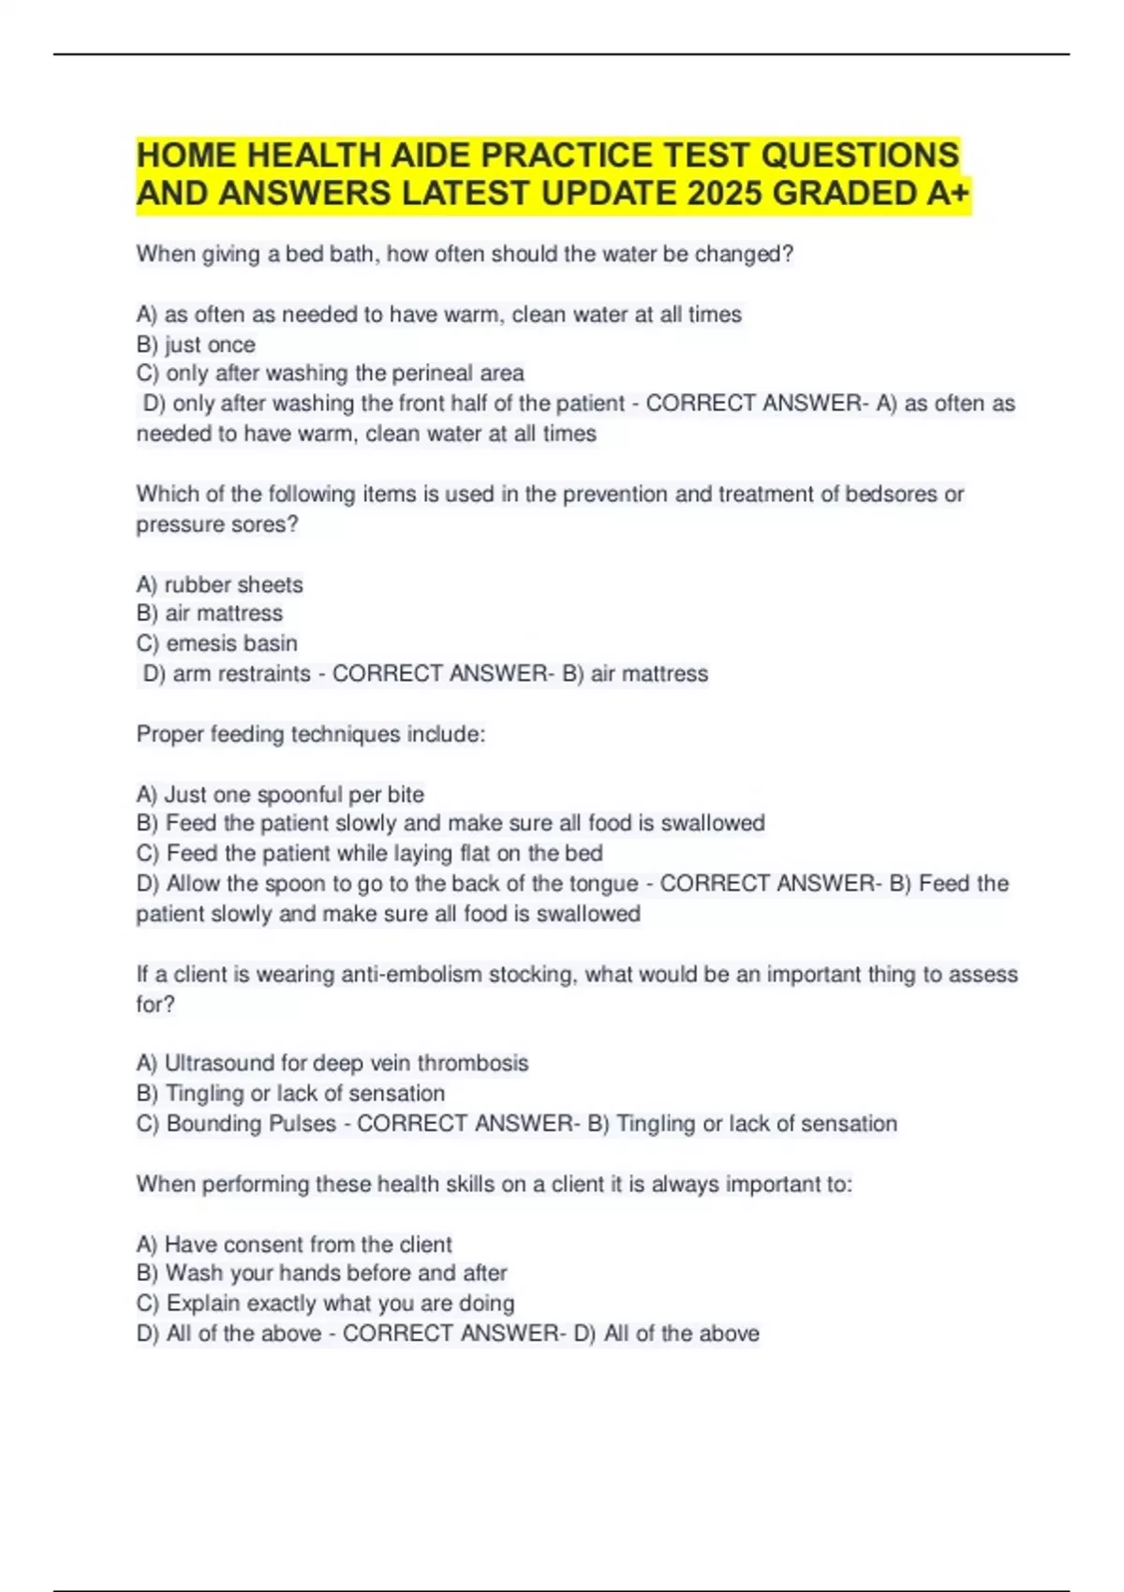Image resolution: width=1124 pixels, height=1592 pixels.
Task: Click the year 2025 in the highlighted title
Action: point(723,194)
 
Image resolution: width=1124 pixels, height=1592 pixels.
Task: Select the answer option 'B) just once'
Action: point(196,345)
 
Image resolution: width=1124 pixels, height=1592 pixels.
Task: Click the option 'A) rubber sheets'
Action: point(220,584)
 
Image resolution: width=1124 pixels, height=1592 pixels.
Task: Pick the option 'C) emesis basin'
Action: point(216,643)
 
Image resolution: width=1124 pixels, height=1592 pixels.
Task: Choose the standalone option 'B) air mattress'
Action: point(209,613)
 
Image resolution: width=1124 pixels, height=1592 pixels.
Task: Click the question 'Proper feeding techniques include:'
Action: point(311,734)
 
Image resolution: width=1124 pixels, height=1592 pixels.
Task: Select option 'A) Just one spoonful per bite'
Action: point(280,794)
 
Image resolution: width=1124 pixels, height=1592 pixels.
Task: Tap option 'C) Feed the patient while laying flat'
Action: point(369,853)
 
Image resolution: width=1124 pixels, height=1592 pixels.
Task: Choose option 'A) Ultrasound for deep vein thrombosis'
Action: point(333,1063)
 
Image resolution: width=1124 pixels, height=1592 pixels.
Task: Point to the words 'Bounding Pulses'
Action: point(251,1123)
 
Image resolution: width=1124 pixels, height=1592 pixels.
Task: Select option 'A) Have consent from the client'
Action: point(294,1244)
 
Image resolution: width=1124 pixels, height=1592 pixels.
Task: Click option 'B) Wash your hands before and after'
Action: point(321,1273)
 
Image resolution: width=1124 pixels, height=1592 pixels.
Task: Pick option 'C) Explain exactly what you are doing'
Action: point(325,1303)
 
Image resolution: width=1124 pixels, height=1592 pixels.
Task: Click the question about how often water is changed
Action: point(465,254)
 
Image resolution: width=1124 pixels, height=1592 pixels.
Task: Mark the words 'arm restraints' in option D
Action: point(242,673)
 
